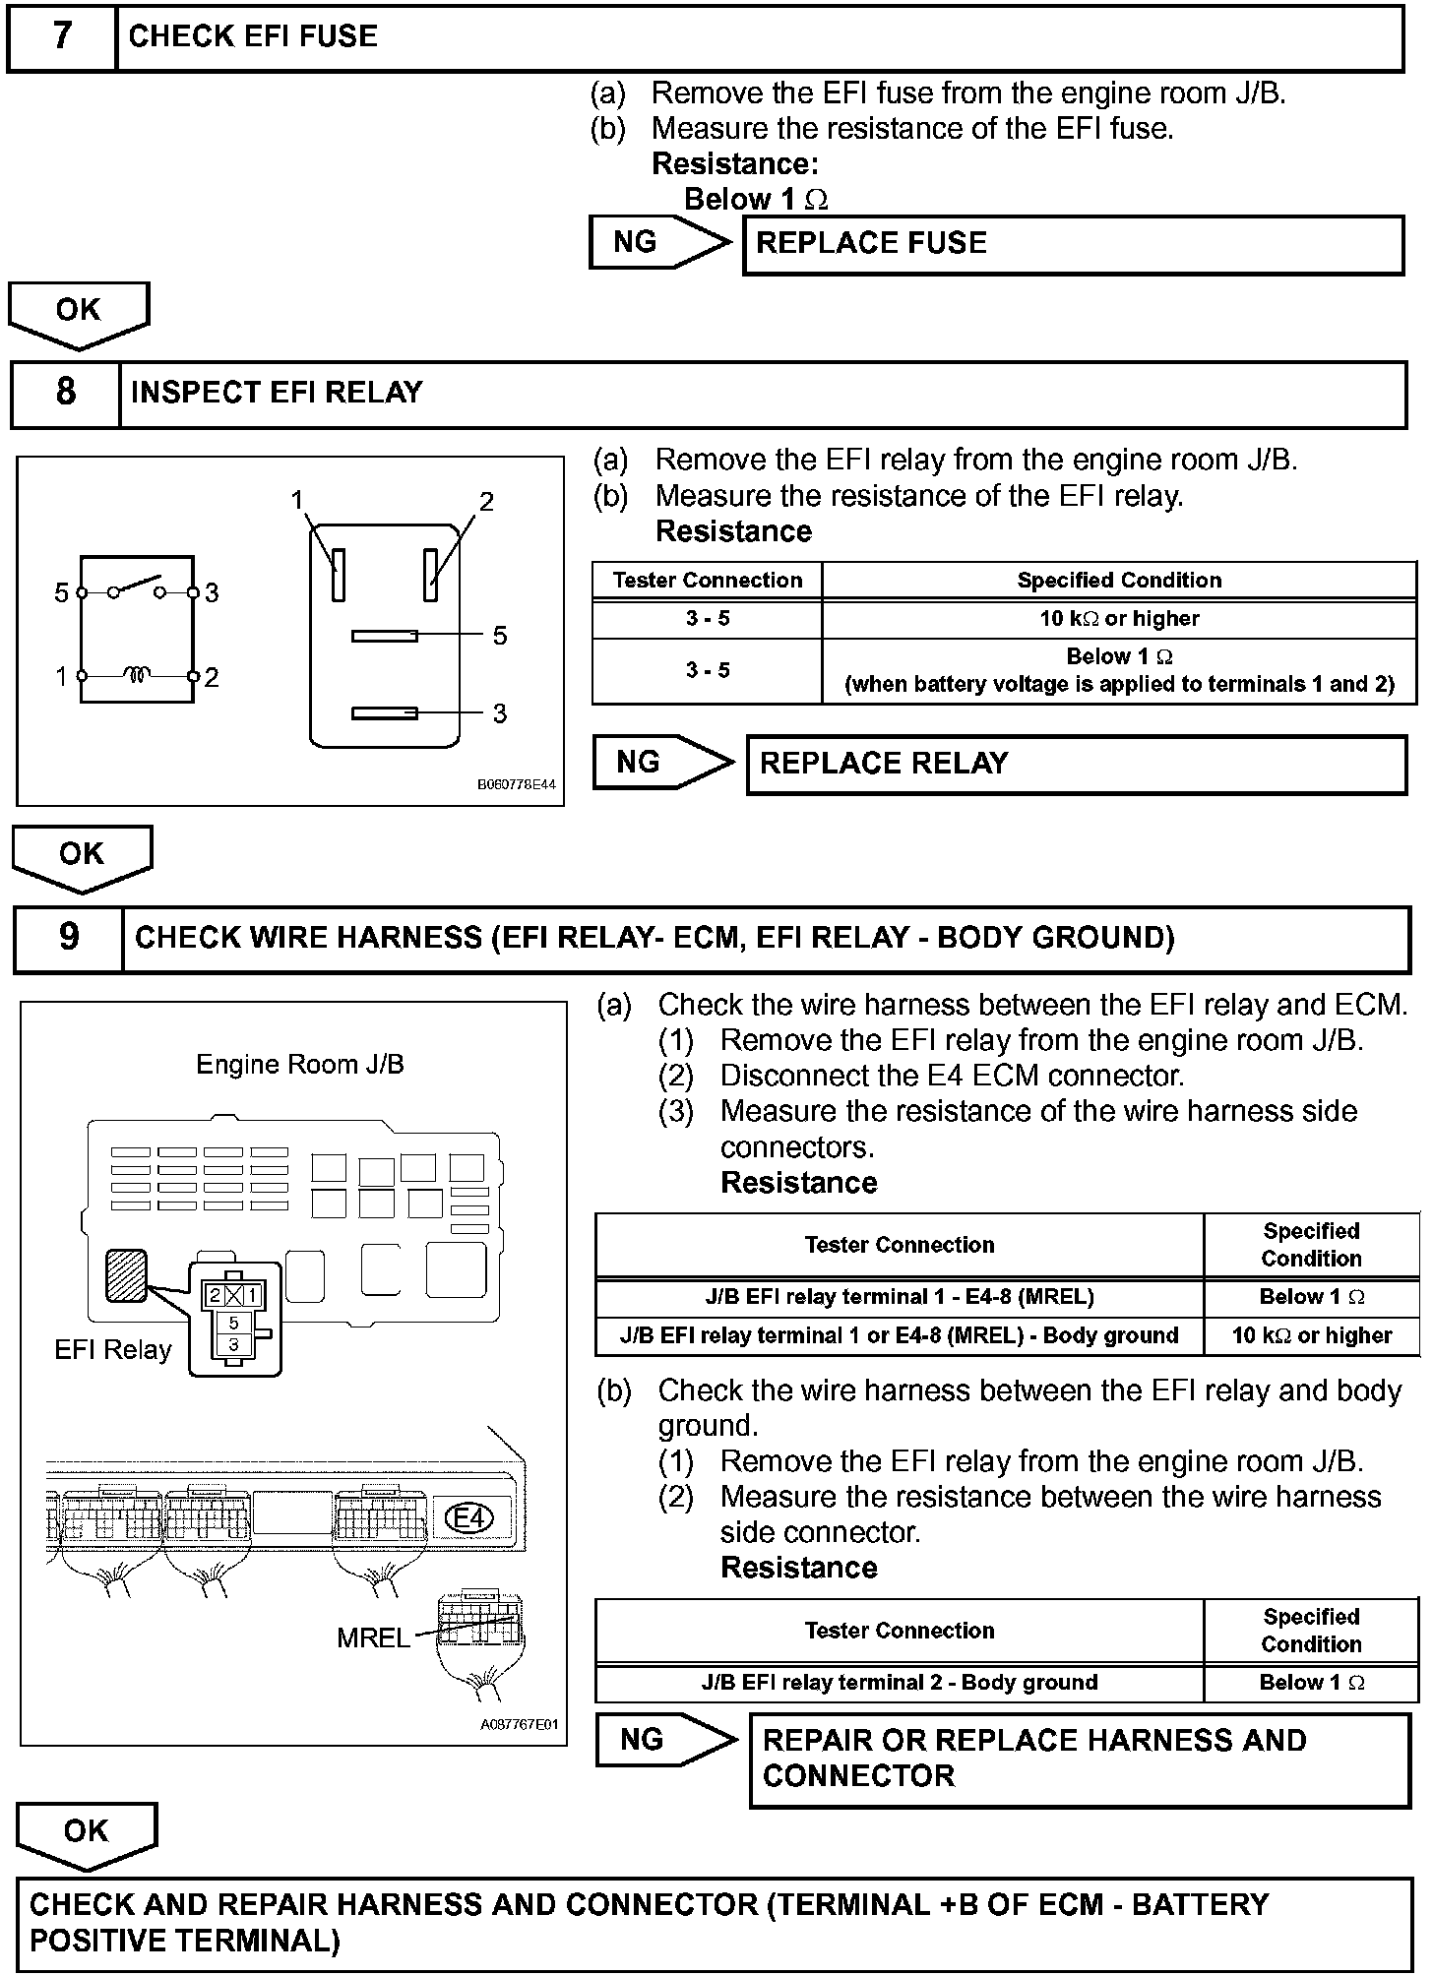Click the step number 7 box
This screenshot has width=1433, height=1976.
(62, 36)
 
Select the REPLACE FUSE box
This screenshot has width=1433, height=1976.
(1073, 244)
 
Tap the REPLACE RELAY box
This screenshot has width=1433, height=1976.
(1076, 765)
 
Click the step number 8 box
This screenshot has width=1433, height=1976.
(65, 393)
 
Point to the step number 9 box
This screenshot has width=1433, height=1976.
(68, 937)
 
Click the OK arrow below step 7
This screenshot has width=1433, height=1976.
(79, 314)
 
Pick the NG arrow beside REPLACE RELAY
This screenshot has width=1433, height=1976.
(661, 763)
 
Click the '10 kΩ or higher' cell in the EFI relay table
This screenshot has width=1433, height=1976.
(1119, 619)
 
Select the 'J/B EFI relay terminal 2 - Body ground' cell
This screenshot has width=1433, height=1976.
(899, 1682)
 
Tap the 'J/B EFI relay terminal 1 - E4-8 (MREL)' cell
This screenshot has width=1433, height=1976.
(899, 1297)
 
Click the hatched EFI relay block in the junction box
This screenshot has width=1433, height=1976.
(126, 1274)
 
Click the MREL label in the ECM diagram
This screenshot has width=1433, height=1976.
(373, 1637)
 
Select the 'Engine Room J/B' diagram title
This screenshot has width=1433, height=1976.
(300, 1065)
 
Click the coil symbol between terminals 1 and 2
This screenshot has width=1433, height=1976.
(137, 676)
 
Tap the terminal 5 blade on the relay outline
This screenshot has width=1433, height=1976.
(384, 636)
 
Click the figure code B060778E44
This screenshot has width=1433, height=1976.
(516, 785)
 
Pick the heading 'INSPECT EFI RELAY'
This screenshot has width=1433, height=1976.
(277, 393)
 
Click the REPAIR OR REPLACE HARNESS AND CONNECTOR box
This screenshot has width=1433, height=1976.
(1079, 1759)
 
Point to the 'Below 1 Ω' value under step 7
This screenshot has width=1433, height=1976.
(755, 200)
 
